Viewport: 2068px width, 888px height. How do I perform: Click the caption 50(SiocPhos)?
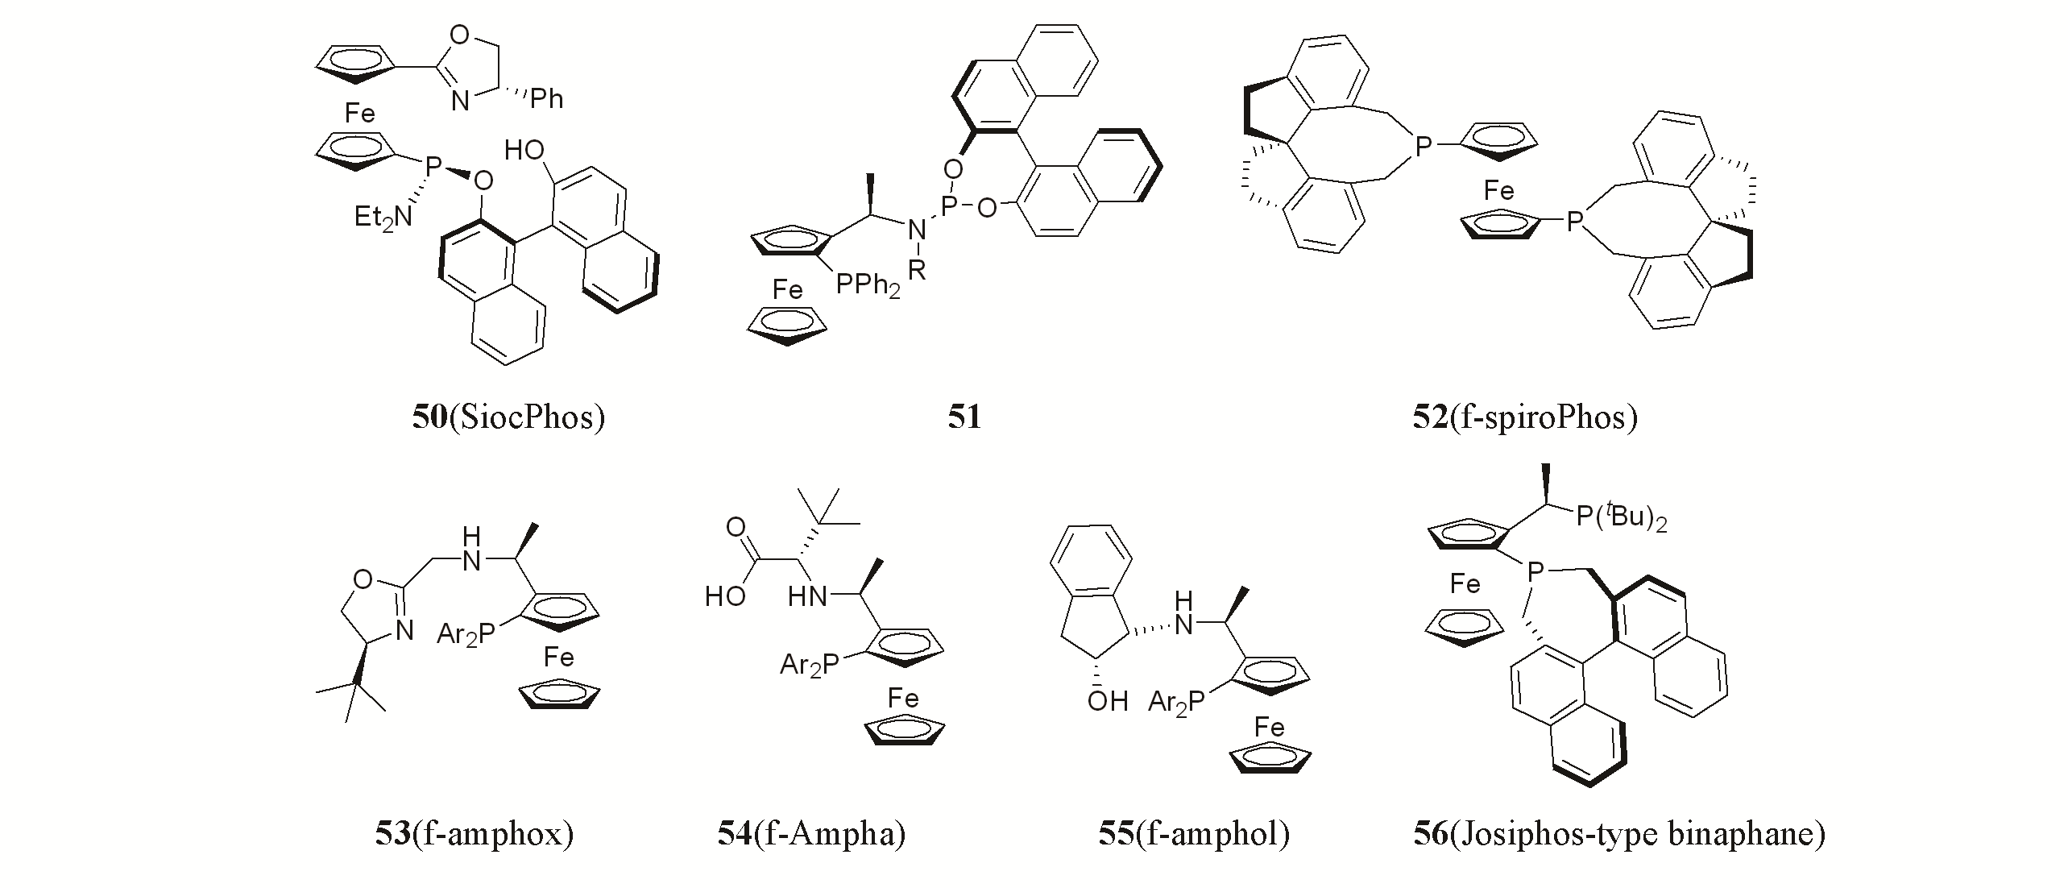[x=508, y=417]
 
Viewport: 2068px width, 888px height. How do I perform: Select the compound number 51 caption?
[x=964, y=417]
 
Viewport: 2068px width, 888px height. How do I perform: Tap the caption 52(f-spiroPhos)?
[x=1525, y=417]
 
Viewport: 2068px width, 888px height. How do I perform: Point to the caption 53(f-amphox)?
[x=475, y=833]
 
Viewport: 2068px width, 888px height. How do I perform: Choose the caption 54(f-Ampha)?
[x=812, y=833]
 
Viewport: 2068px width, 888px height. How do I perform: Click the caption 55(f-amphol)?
[x=1194, y=833]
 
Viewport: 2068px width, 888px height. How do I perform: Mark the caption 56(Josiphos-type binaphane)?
[x=1619, y=833]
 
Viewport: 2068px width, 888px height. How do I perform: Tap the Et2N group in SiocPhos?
[x=383, y=217]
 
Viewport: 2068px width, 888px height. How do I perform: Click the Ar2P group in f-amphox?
[x=466, y=635]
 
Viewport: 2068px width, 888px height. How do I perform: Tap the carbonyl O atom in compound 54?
[x=735, y=528]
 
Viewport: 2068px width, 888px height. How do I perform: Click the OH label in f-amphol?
[x=1107, y=701]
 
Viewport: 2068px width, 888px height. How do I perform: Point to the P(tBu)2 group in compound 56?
[x=1620, y=517]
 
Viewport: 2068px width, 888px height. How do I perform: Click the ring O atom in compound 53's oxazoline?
[x=363, y=579]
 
